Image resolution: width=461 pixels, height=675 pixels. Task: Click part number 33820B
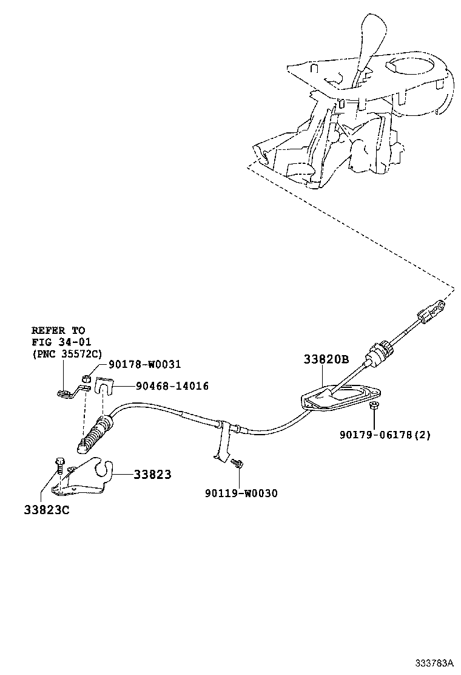point(326,359)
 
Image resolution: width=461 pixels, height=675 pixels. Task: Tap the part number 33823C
point(47,510)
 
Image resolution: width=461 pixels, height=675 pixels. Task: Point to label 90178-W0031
point(145,364)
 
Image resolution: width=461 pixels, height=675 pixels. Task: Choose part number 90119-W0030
point(241,493)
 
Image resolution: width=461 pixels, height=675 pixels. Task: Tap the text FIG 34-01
point(61,342)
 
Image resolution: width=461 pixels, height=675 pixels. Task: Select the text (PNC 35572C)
point(67,354)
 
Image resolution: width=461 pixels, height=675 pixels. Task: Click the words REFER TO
point(58,330)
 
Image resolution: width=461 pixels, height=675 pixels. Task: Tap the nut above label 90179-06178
point(374,405)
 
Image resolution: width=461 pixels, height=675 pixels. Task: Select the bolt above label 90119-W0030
point(237,464)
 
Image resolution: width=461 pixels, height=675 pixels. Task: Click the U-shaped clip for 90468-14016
point(106,387)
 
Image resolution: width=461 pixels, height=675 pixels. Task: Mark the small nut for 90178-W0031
point(87,379)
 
